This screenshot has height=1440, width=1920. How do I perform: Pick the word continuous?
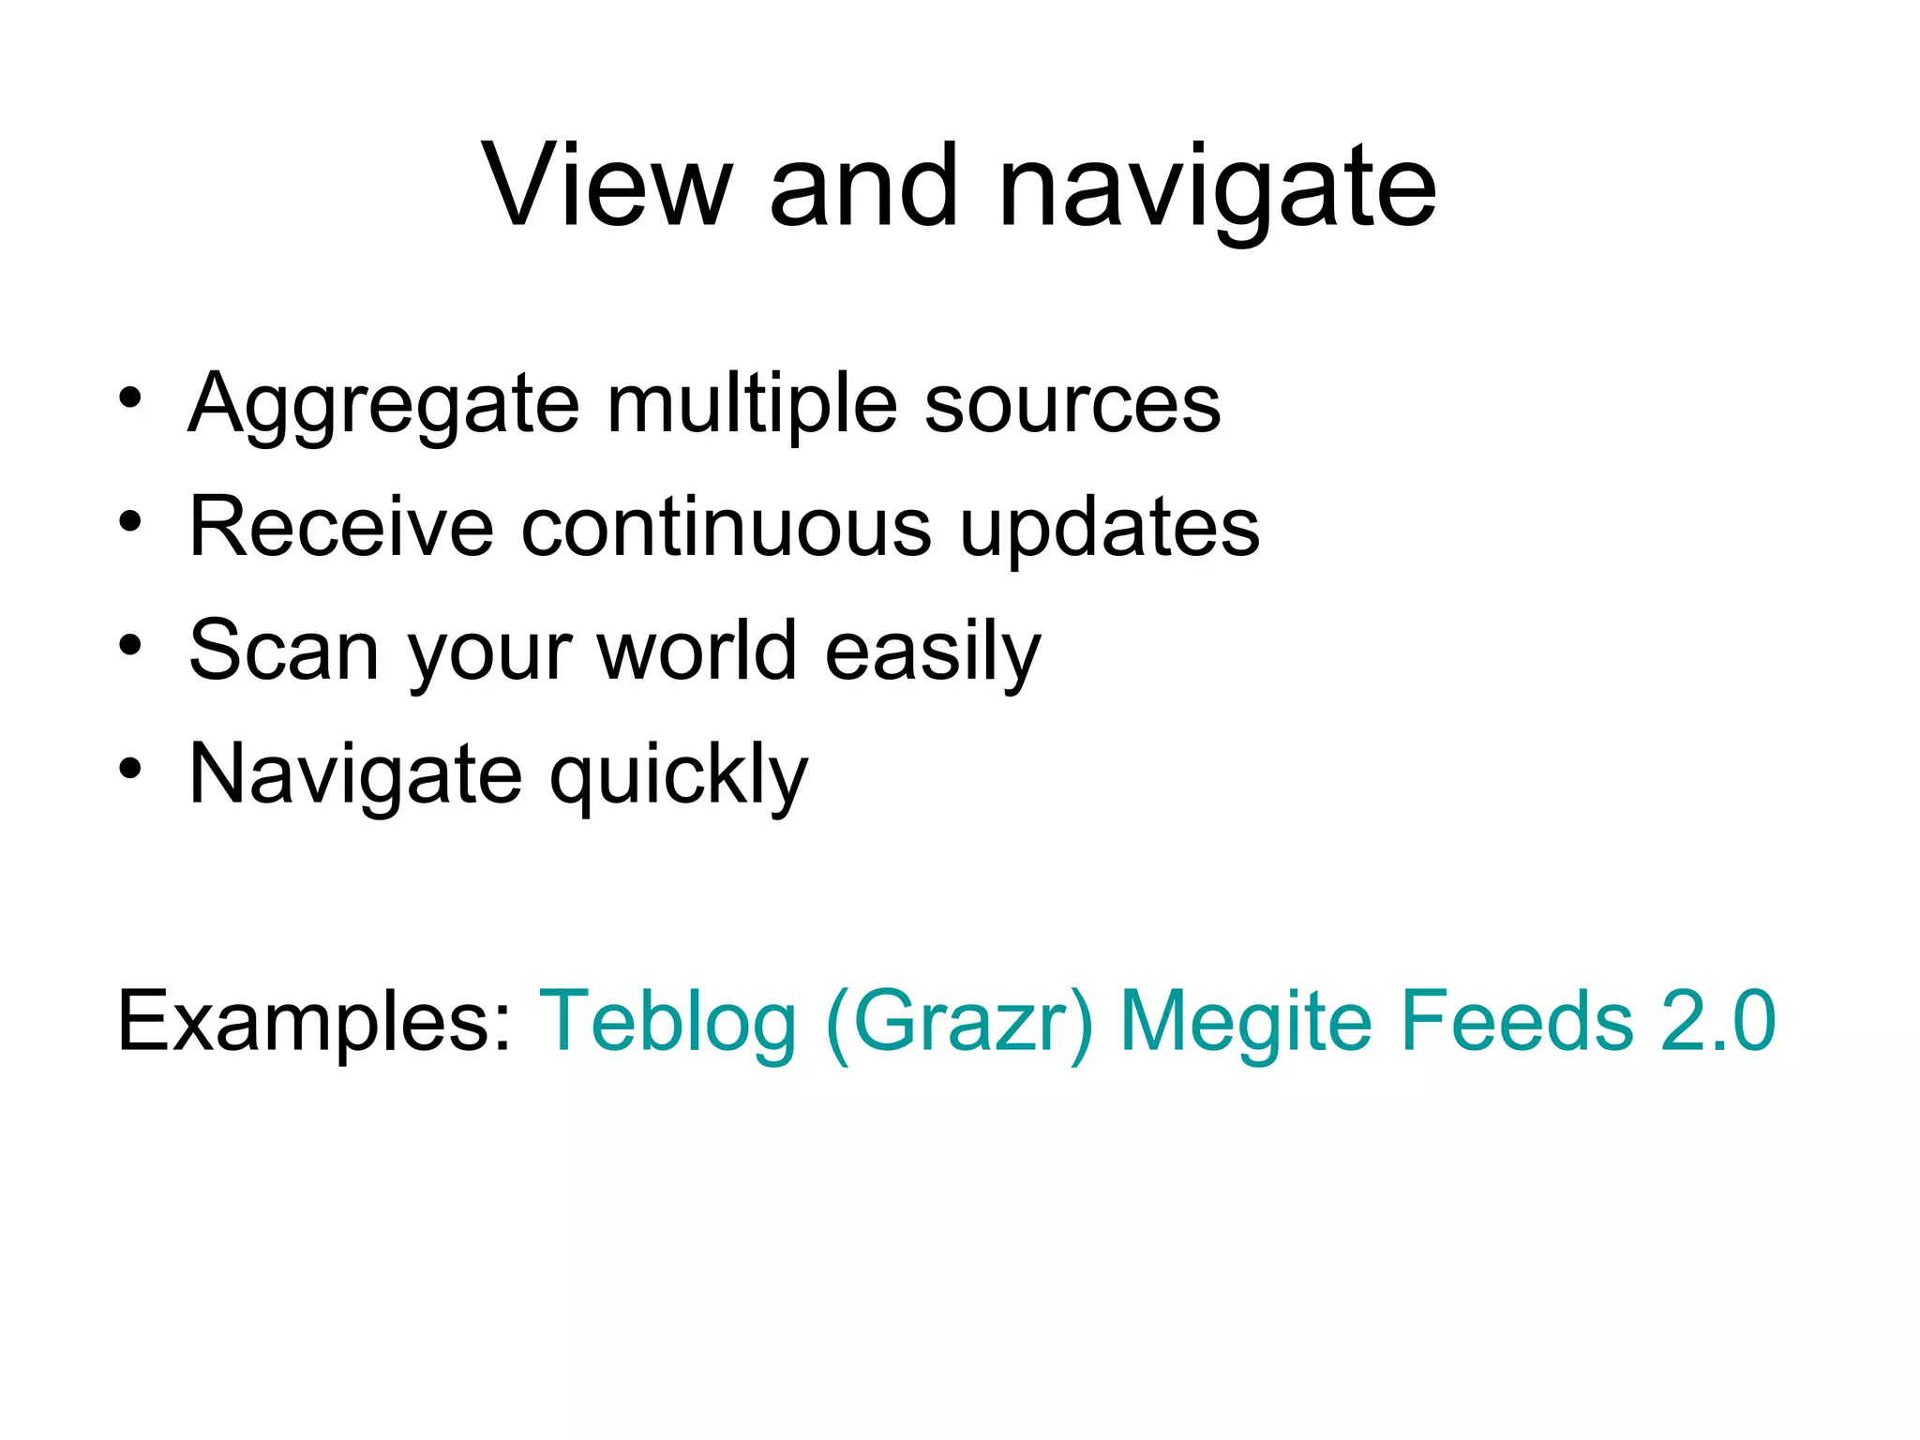tap(726, 527)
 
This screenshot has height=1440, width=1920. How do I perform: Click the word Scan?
tap(282, 651)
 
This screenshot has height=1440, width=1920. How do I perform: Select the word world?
tap(697, 651)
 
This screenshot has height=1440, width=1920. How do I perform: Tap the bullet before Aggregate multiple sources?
tap(130, 397)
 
